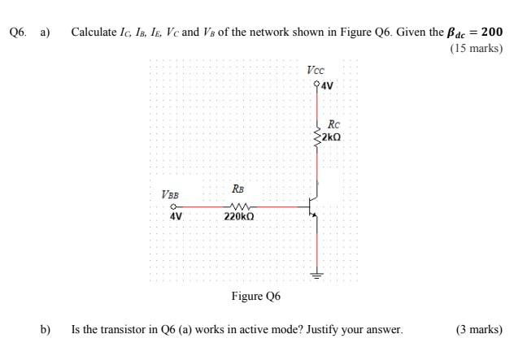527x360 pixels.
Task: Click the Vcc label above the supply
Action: coord(316,71)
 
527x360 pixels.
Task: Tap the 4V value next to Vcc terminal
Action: coord(328,85)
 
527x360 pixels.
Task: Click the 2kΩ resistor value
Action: coord(331,137)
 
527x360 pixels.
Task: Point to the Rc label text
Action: coord(333,124)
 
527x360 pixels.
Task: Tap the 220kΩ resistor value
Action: coord(239,218)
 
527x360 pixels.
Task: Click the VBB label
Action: coord(170,195)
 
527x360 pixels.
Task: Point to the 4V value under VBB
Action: coord(176,217)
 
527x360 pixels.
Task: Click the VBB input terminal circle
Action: coord(173,206)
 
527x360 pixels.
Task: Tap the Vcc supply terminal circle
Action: coord(317,84)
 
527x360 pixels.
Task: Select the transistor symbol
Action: coord(313,206)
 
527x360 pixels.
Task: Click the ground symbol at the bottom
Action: coord(317,274)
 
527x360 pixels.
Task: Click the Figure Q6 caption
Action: coord(255,296)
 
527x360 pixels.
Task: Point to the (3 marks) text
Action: coord(479,330)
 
